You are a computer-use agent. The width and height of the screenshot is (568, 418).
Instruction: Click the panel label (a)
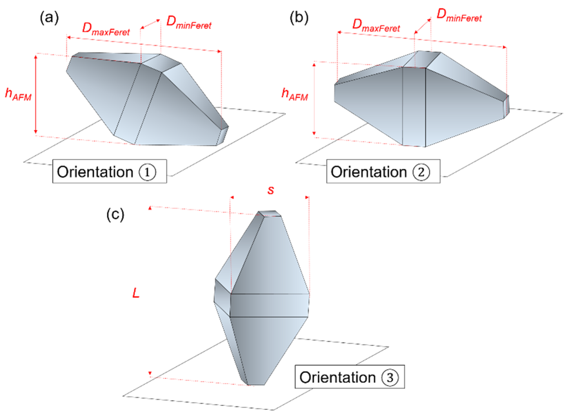[49, 18]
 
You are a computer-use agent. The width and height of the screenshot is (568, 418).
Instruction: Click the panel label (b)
[299, 18]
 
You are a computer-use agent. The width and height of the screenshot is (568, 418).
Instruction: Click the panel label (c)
[115, 215]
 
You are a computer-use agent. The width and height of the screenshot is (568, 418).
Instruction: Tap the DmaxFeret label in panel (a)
[106, 30]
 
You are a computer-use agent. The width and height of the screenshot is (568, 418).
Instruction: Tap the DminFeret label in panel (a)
[189, 23]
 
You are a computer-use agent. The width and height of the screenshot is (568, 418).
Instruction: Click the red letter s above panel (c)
[271, 190]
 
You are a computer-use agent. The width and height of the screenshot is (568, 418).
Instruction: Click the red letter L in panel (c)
[136, 293]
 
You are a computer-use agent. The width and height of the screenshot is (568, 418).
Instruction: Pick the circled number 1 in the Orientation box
[147, 172]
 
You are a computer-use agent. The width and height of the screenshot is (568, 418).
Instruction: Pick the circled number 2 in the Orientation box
[421, 172]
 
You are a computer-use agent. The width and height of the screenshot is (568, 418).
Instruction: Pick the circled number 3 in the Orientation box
[390, 378]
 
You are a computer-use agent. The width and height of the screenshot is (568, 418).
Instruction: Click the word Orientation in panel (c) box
[337, 378]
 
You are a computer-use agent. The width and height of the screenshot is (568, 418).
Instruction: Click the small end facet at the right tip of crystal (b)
[506, 106]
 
